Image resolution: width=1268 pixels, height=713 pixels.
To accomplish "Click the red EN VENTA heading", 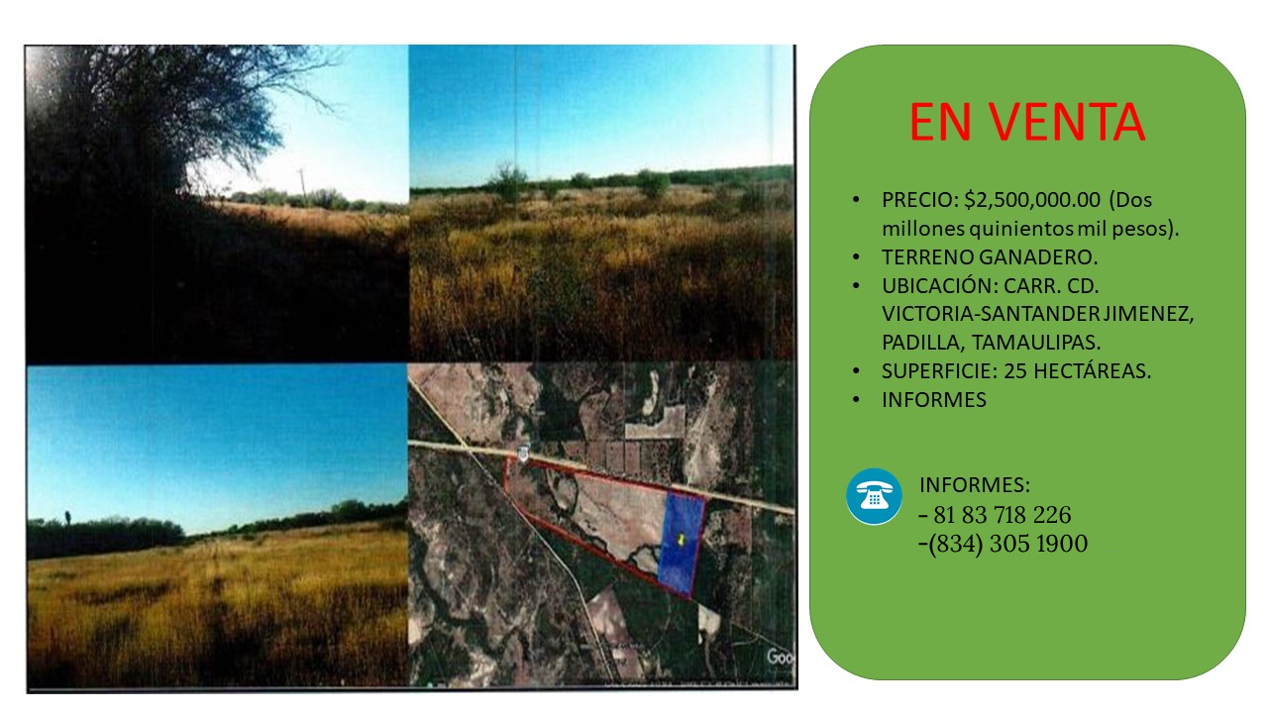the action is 1027,122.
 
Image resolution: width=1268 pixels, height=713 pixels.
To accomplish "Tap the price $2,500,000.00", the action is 1032,200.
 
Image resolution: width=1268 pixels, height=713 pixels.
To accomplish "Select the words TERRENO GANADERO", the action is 990,256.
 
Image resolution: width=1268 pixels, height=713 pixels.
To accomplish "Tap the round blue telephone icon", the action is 874,496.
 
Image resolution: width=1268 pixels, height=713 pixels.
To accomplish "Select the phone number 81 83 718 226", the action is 1002,515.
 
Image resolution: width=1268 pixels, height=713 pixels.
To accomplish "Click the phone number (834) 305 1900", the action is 1008,544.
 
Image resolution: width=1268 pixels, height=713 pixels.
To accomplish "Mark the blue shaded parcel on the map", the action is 682,544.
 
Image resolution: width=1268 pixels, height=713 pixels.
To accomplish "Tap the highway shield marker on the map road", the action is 523,454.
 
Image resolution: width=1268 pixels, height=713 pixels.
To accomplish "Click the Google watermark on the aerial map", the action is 780,657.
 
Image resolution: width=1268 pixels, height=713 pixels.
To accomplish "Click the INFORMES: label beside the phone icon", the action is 975,485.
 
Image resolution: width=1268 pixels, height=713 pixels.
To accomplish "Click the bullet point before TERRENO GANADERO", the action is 856,257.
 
